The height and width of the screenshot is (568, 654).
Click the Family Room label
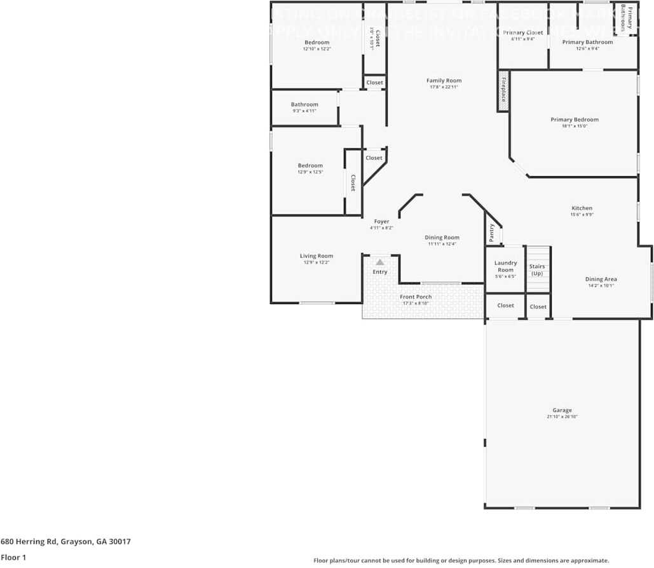point(444,81)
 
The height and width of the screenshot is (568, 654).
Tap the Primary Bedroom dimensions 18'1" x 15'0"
point(574,126)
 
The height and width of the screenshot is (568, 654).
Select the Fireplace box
point(503,90)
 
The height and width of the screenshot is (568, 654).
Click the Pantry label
point(492,233)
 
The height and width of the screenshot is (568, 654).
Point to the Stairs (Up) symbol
point(538,270)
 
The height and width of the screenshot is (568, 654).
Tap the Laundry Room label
point(505,266)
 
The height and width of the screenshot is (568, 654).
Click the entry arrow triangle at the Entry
point(379,262)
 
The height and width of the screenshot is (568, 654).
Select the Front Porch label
point(416,297)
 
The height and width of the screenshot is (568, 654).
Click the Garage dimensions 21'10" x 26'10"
point(562,417)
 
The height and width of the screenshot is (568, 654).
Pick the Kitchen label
point(582,208)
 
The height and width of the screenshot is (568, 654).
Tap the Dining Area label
point(601,279)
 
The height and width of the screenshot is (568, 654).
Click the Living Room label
point(317,256)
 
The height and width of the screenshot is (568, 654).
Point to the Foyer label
point(381,221)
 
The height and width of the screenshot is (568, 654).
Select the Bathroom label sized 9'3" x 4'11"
point(304,104)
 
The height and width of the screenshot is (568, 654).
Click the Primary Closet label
point(522,32)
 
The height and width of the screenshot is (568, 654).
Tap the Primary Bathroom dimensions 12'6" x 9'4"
point(587,48)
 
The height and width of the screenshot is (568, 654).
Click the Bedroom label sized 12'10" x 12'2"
point(317,42)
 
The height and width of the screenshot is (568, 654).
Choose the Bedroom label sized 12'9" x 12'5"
point(310,165)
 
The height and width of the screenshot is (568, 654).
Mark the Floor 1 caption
point(13,557)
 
